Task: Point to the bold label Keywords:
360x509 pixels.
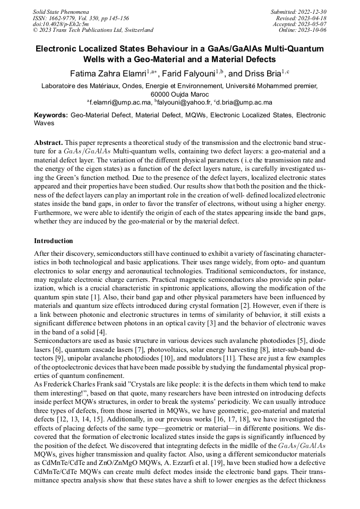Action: pyautogui.click(x=51, y=115)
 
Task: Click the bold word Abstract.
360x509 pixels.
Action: pyautogui.click(x=48, y=143)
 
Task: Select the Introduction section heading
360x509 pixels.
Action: pyautogui.click(x=54, y=241)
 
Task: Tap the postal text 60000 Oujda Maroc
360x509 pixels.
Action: pyautogui.click(x=180, y=93)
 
